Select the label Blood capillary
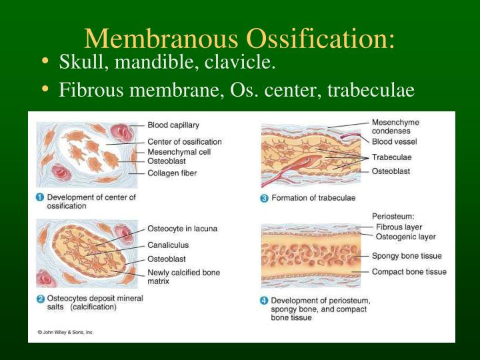(x=173, y=125)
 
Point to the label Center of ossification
(x=184, y=141)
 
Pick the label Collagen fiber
(x=171, y=173)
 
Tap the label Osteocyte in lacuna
(x=182, y=229)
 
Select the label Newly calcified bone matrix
(x=183, y=277)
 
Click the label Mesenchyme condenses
(x=395, y=127)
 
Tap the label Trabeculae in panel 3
(x=391, y=157)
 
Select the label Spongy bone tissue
(x=407, y=256)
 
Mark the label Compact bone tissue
(x=409, y=272)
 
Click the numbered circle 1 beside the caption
(x=40, y=197)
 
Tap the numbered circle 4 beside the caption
(x=265, y=301)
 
